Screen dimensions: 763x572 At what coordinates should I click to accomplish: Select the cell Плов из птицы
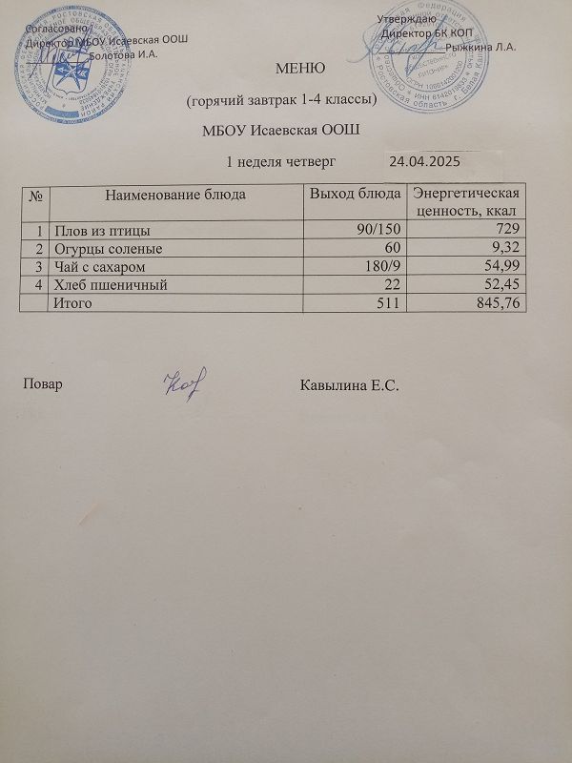point(102,230)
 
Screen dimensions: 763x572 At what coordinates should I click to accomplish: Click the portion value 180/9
point(379,265)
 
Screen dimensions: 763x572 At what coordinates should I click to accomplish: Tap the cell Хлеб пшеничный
point(111,283)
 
